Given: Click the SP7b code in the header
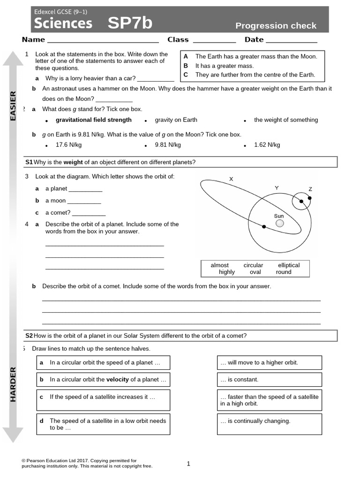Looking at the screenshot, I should click(130, 23).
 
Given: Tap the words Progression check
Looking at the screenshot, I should click(276, 26).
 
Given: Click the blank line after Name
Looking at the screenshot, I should click(103, 40).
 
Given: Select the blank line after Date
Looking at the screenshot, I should click(292, 40).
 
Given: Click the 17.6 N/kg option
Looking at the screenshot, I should click(68, 145).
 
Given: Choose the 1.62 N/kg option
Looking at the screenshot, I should click(267, 145).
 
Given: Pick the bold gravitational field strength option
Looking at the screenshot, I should click(93, 120).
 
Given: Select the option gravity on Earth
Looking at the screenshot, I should click(176, 120).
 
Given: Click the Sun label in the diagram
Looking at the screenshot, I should click(279, 216).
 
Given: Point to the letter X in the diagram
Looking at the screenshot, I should click(231, 179).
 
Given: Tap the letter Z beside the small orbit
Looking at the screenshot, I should click(310, 189).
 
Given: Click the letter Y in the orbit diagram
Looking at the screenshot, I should click(277, 188).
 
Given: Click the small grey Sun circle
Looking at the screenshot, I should click(279, 224).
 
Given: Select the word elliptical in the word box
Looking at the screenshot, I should click(288, 265).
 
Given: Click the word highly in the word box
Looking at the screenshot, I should click(227, 272).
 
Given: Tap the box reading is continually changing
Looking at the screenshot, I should click(269, 424).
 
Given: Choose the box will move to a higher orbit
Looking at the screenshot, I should click(269, 363).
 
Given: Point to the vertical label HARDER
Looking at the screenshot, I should click(13, 384).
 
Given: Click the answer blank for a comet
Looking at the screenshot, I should click(89, 213).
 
